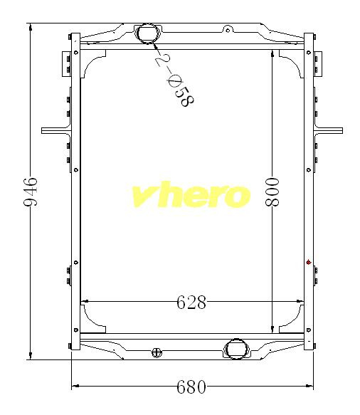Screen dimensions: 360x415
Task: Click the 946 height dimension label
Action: pos(31,191)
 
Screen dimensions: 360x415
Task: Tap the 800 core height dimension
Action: pos(272,192)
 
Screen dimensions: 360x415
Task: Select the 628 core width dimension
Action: pos(191,303)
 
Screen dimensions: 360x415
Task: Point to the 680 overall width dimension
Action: pos(191,387)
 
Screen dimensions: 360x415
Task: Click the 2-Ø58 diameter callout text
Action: pos(174,79)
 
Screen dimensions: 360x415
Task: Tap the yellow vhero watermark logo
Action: pos(191,194)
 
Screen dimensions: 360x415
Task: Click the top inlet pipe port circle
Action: pos(148,33)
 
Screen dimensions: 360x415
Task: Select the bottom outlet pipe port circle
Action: pos(236,349)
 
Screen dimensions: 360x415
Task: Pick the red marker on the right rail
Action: pos(309,262)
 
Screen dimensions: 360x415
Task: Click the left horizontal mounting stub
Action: pos(55,131)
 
